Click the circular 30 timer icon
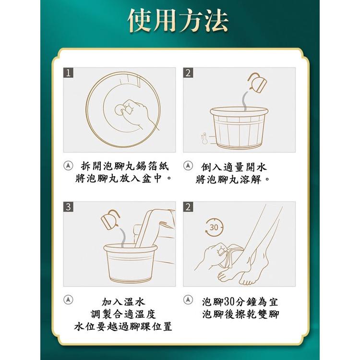coord(214,227)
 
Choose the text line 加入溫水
coord(123,302)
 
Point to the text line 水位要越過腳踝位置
coord(123,327)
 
